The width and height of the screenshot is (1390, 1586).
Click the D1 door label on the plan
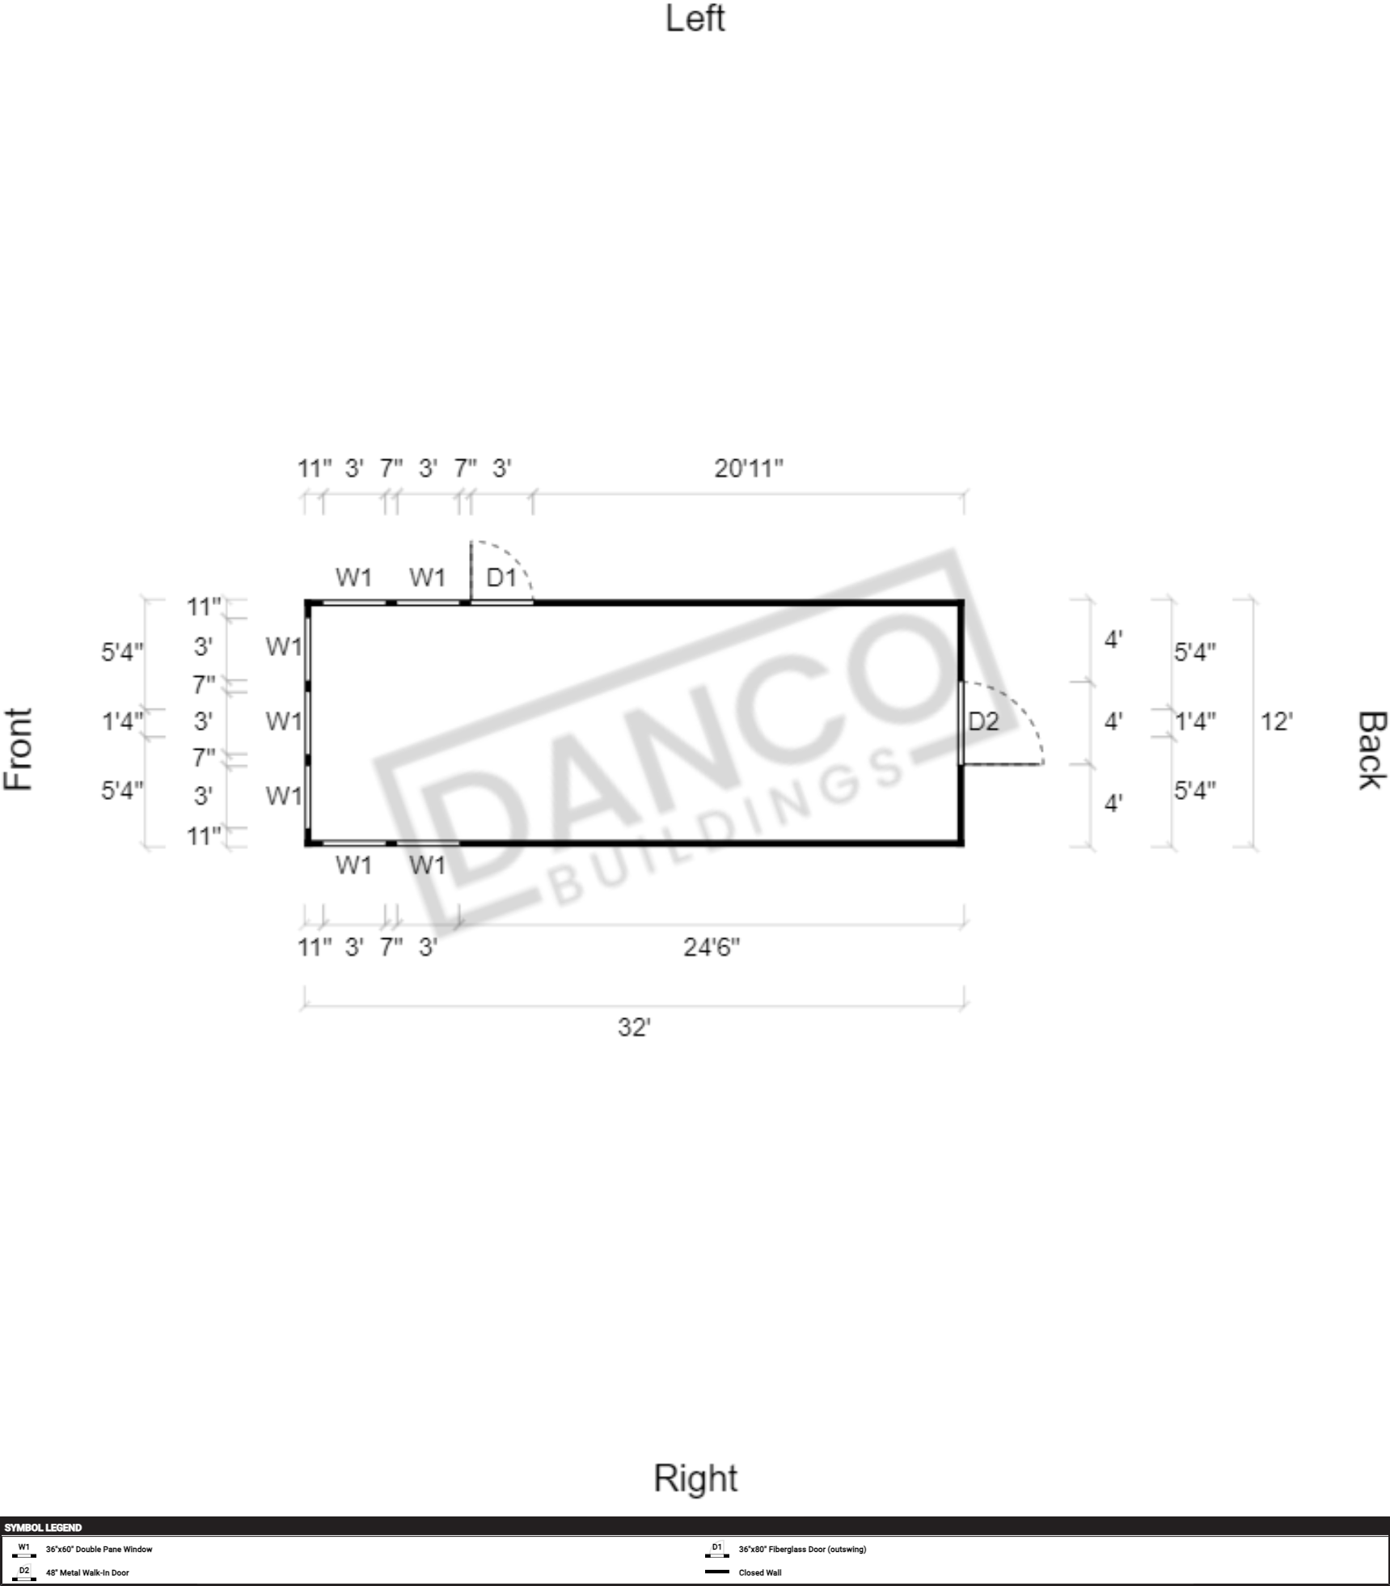point(501,577)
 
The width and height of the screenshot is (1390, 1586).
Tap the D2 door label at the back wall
point(983,721)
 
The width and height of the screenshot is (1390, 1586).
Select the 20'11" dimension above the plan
point(749,468)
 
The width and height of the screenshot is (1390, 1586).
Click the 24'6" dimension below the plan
point(712,947)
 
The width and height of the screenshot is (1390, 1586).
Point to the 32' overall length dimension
point(634,1027)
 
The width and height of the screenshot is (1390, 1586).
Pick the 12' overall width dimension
point(1277,721)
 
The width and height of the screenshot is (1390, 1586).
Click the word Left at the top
point(695,19)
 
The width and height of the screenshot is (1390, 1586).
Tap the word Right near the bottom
point(695,1478)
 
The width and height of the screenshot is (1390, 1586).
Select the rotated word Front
point(19,749)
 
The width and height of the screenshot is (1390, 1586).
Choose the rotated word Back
point(1371,750)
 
